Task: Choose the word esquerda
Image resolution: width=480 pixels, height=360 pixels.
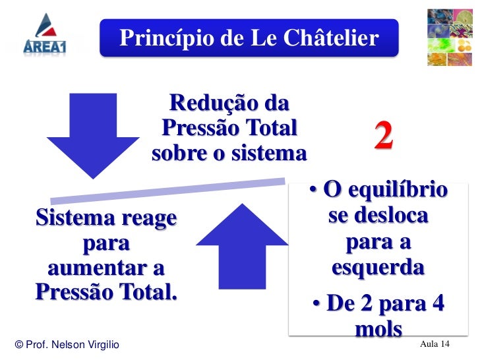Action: click(x=378, y=268)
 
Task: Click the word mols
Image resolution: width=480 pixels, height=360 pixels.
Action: click(x=378, y=329)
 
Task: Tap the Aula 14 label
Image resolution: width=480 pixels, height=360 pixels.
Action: click(x=435, y=345)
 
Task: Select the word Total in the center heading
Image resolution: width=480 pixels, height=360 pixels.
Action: click(x=270, y=129)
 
